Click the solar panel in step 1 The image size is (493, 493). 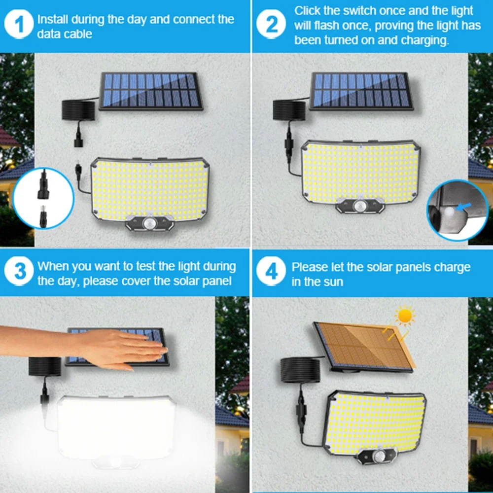150,91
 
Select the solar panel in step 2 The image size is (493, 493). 361,91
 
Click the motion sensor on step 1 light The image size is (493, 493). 150,224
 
